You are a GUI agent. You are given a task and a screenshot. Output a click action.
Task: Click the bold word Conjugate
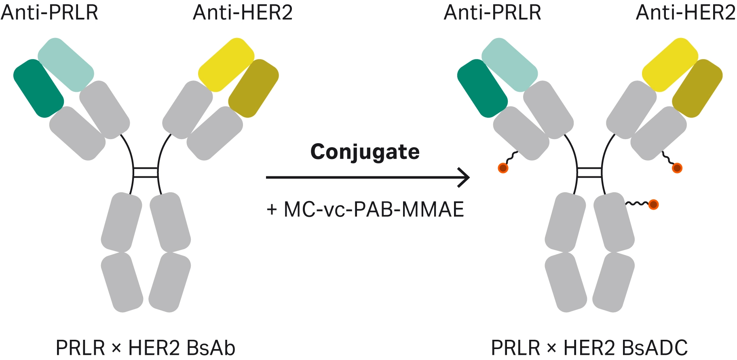365,152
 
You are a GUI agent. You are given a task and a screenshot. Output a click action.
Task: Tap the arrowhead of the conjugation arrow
465,177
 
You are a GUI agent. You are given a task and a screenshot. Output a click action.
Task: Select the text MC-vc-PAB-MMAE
374,210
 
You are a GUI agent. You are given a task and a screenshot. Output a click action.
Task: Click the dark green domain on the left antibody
38,89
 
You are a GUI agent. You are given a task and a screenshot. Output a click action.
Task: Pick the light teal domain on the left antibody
66,65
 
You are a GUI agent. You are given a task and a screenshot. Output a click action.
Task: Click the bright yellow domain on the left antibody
226,65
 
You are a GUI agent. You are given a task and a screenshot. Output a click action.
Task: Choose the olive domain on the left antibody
253,89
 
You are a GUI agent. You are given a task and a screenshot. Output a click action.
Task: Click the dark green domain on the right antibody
482,89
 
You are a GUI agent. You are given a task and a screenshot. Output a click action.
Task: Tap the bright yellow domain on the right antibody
670,65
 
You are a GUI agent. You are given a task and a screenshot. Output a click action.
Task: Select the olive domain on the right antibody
697,89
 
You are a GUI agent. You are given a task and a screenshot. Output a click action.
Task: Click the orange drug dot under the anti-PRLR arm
503,167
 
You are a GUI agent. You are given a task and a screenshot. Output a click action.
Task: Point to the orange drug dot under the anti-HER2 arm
677,167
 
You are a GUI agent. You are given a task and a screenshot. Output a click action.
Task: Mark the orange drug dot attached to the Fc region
653,205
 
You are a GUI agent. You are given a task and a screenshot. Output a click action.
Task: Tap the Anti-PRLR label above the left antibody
49,13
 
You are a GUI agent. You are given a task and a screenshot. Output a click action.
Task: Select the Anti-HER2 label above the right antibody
685,13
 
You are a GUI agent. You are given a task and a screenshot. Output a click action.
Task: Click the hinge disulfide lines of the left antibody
146,172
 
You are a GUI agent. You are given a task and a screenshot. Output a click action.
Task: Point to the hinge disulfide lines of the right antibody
589,172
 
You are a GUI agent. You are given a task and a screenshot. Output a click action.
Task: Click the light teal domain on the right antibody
510,65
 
